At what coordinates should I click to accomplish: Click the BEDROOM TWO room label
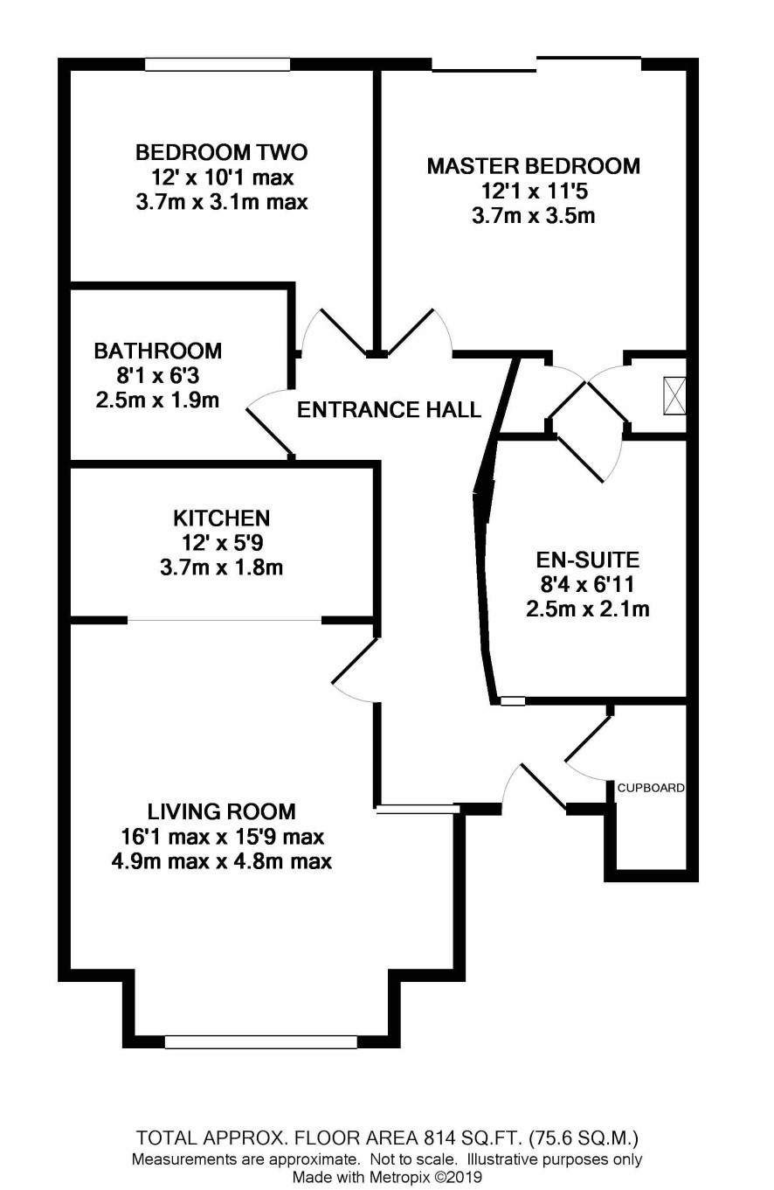tap(221, 152)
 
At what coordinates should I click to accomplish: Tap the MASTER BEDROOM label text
tap(533, 166)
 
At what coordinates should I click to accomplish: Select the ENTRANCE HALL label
tap(389, 409)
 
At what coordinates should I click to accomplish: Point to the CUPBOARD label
tap(650, 788)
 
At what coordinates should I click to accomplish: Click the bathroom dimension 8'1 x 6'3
tap(157, 376)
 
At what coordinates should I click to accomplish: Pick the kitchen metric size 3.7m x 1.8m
tap(221, 567)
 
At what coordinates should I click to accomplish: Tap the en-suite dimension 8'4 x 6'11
tap(587, 584)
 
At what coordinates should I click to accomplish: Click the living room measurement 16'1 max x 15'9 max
tap(222, 837)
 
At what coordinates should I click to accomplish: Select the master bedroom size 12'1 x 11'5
tap(534, 191)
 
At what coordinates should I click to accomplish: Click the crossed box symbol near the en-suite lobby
tap(674, 396)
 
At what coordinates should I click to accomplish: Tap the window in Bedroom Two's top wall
tap(218, 65)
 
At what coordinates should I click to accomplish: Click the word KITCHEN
tap(221, 518)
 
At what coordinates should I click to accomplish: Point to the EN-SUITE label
tap(588, 560)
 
